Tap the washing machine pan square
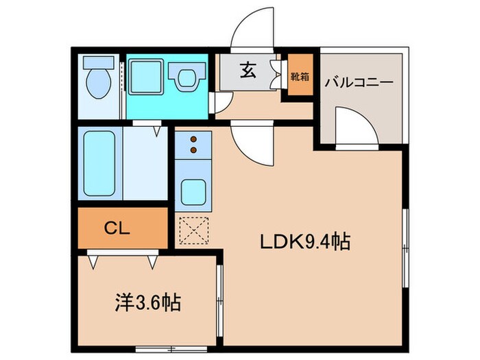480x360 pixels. click(145, 74)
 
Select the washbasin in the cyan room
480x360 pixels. click(189, 77)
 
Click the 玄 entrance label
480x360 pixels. click(248, 70)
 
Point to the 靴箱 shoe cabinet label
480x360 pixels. click(299, 76)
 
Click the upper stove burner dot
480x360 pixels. click(193, 138)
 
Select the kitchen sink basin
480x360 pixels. click(193, 193)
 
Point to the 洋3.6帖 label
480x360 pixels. click(147, 303)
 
